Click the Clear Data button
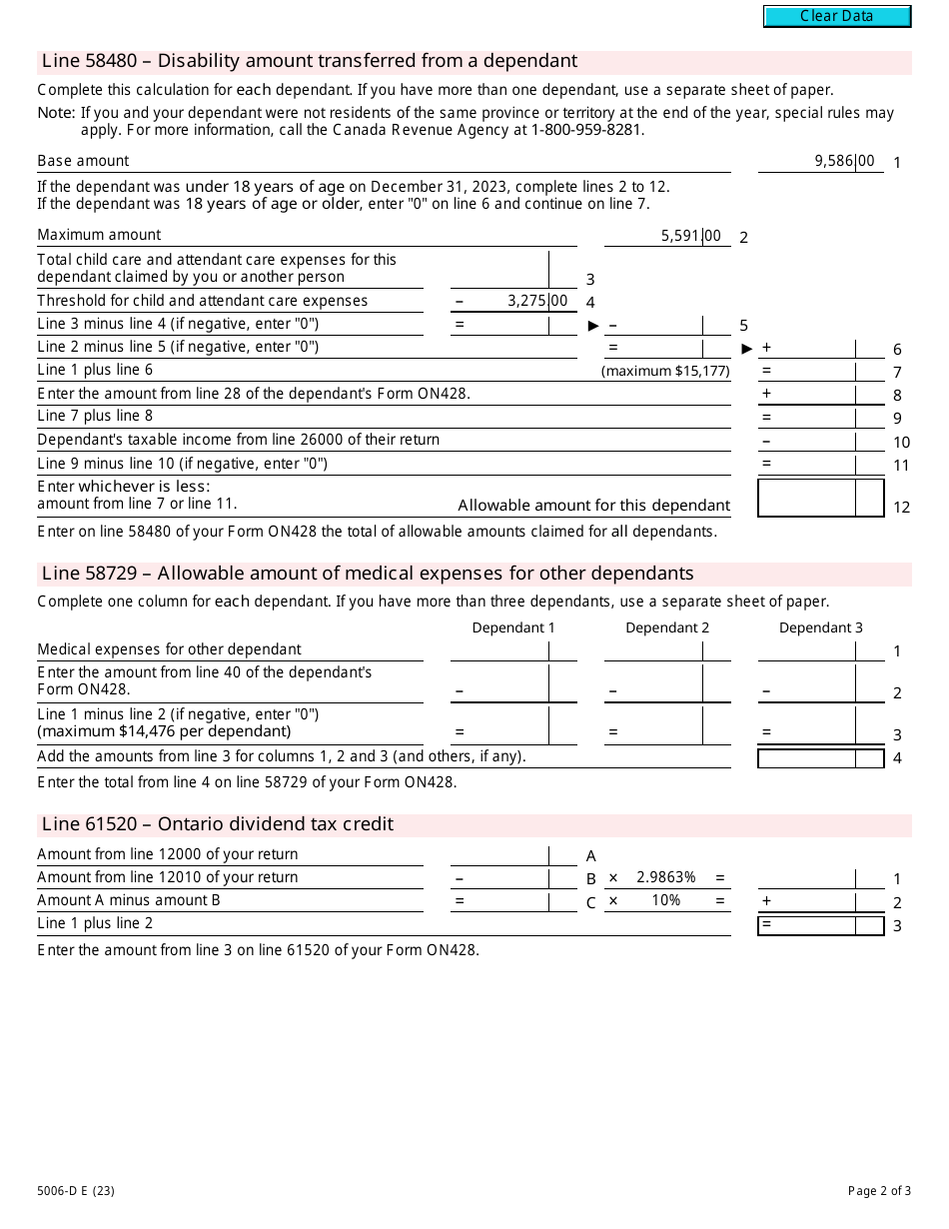point(837,16)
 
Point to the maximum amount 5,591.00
point(690,236)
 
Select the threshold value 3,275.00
point(536,301)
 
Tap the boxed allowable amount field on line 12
point(820,498)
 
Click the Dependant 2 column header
point(667,627)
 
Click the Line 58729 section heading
point(368,574)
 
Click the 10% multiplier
point(665,900)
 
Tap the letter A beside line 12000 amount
point(591,856)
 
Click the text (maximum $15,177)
point(665,371)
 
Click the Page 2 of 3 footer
point(879,1190)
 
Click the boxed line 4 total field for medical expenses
point(820,758)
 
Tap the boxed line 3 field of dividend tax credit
point(820,925)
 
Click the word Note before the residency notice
point(56,114)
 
